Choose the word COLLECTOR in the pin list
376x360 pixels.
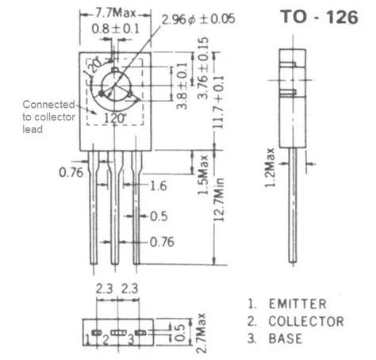(305, 321)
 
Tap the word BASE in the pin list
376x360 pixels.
(285, 339)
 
